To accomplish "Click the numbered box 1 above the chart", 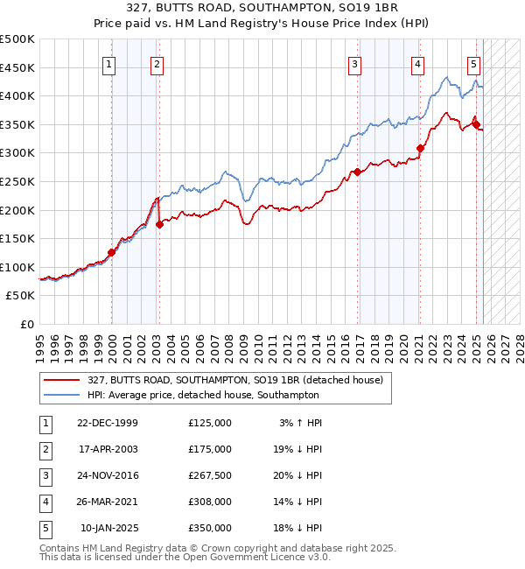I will pyautogui.click(x=108, y=63).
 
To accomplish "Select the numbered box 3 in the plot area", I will pyautogui.click(x=354, y=63).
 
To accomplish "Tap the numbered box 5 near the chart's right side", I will pyautogui.click(x=473, y=63).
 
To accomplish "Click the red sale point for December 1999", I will pyautogui.click(x=112, y=253).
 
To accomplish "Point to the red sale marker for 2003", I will pyautogui.click(x=159, y=225).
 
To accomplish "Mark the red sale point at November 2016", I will pyautogui.click(x=358, y=172).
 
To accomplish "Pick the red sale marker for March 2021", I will pyautogui.click(x=420, y=149).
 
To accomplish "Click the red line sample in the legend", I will pyautogui.click(x=62, y=381).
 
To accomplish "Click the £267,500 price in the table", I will pyautogui.click(x=210, y=475).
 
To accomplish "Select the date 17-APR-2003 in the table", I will pyautogui.click(x=108, y=449).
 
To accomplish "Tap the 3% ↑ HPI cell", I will pyautogui.click(x=301, y=423).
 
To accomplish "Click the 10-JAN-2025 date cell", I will pyautogui.click(x=108, y=528).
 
